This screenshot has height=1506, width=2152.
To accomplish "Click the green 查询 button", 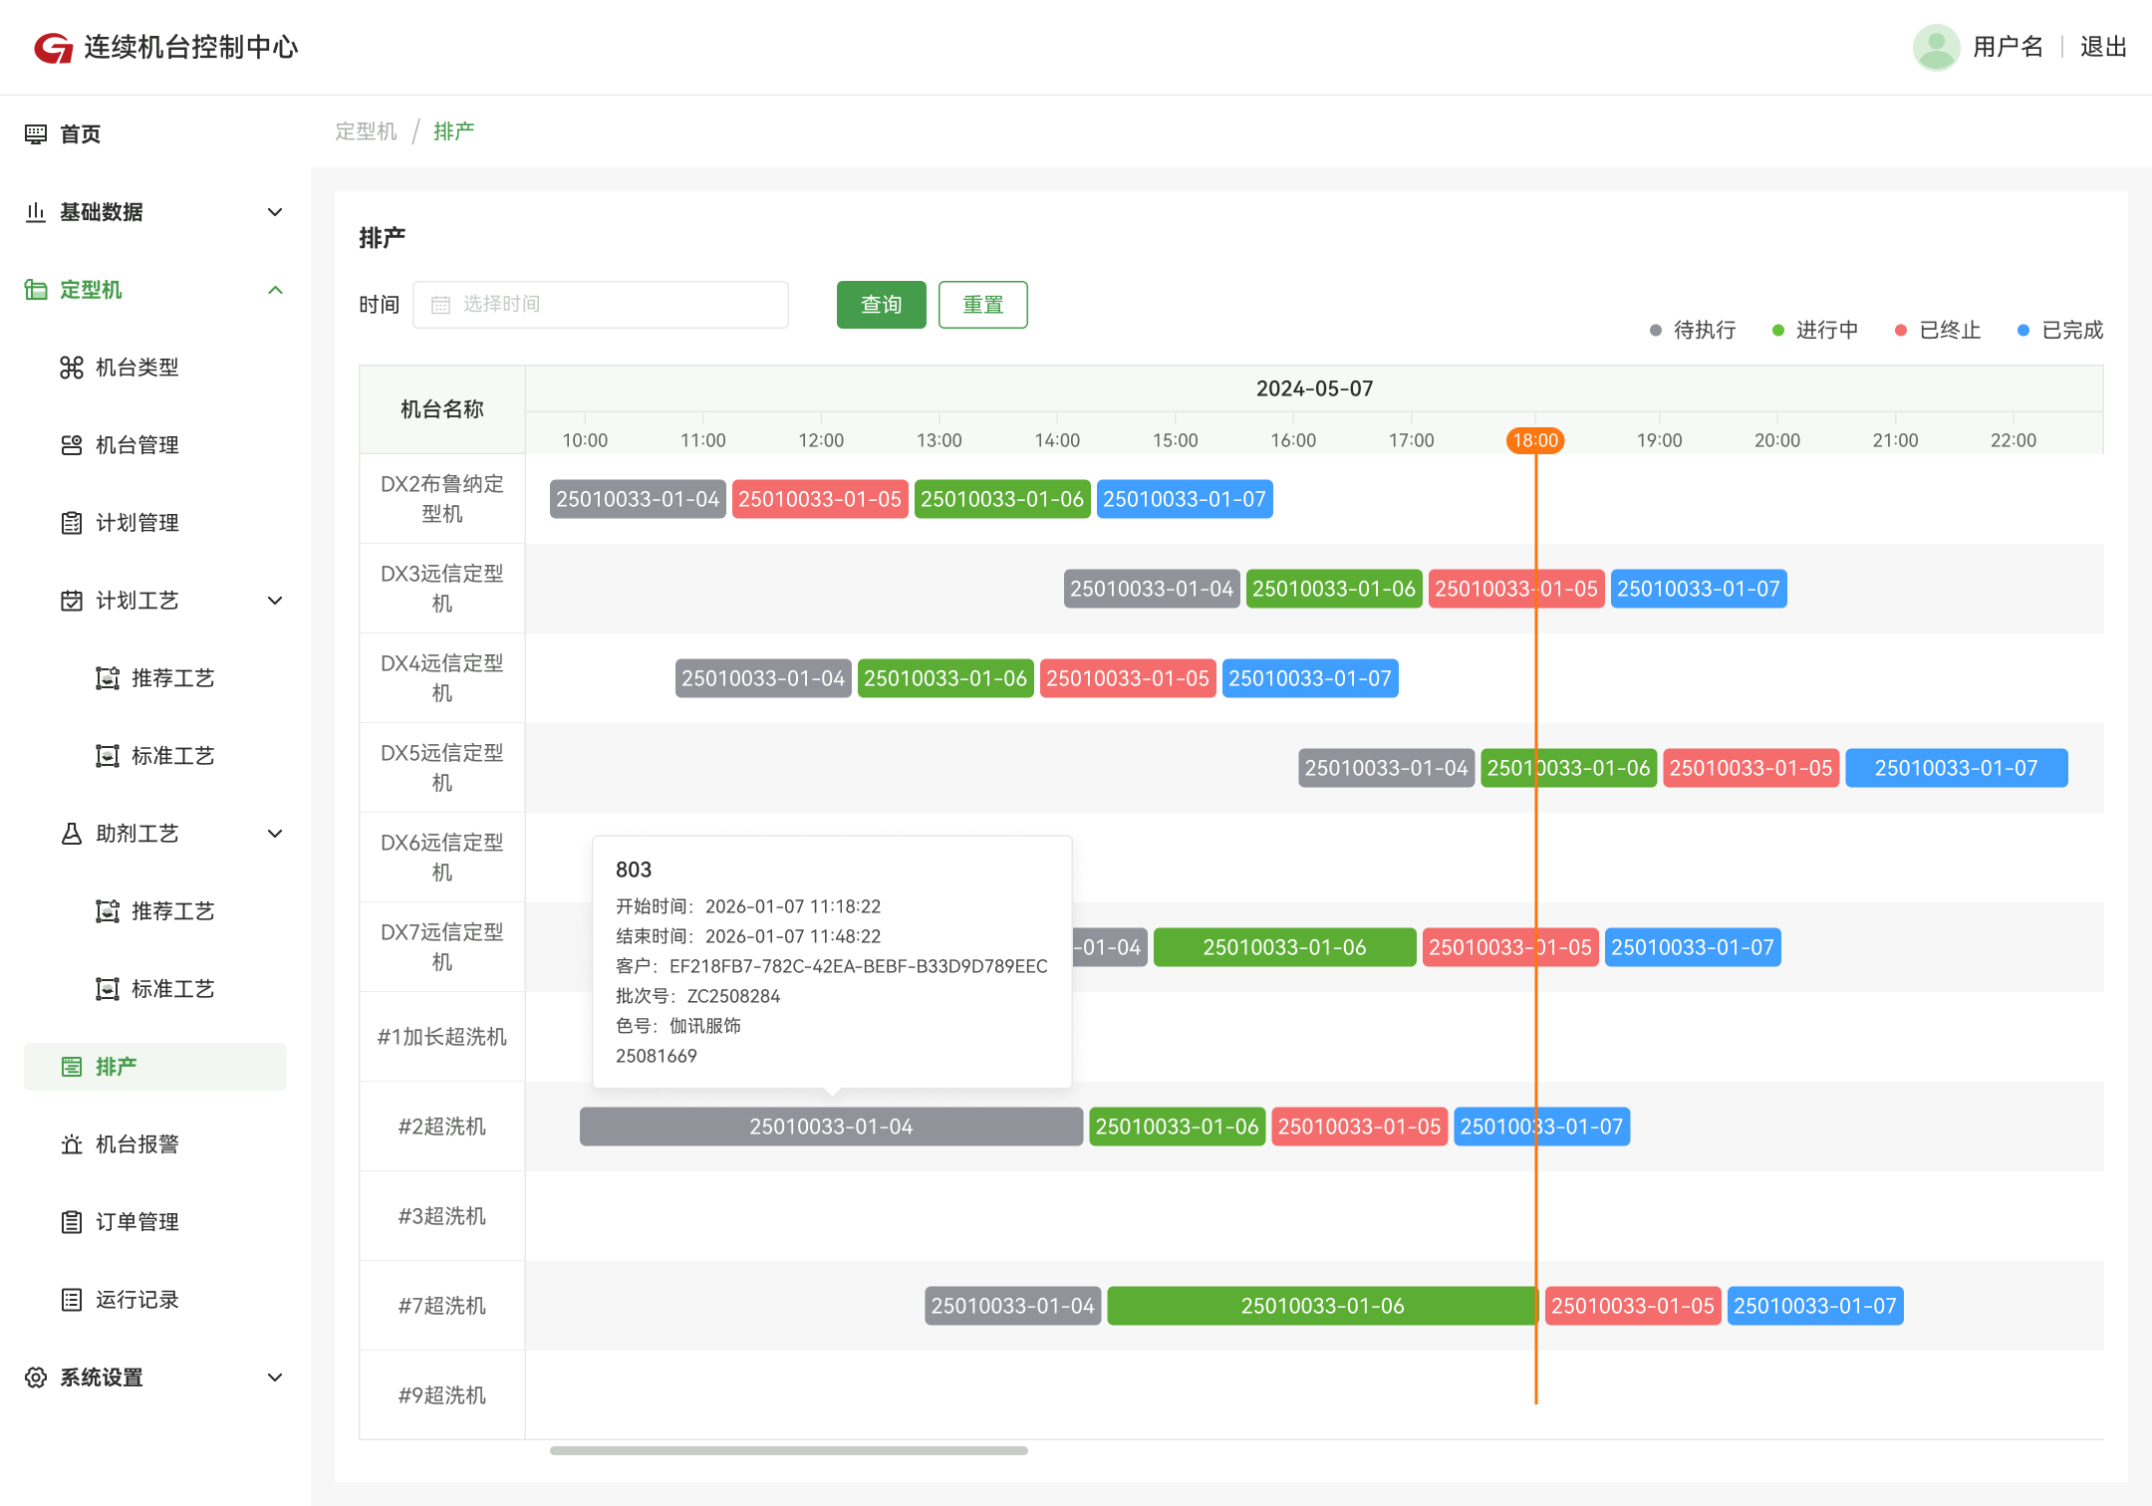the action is tap(881, 305).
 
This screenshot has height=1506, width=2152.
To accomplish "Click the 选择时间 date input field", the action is tap(601, 305).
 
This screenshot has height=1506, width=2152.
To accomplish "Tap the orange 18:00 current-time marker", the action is tap(1535, 440).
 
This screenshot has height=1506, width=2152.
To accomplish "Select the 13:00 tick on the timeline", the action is tap(939, 440).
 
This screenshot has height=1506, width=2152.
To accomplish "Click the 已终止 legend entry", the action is tap(1938, 330).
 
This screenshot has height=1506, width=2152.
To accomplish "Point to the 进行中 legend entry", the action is tap(1815, 330).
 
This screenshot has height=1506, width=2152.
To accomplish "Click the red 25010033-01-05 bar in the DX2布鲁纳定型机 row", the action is tap(820, 499).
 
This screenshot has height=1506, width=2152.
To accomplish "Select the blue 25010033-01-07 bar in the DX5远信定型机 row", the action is tap(1957, 768).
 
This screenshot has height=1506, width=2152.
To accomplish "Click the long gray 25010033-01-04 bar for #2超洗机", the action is tap(831, 1127).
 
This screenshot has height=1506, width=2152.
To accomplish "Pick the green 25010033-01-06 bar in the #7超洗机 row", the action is tap(1322, 1306).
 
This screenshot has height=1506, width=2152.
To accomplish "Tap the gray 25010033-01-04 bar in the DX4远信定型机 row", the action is tap(763, 678).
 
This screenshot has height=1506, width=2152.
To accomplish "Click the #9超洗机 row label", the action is tap(442, 1395).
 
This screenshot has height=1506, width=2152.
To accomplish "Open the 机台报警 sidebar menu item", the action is tap(137, 1144).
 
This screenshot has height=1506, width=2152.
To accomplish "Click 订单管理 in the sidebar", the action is tap(137, 1222).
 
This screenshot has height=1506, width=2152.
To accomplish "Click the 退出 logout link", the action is tap(2103, 47).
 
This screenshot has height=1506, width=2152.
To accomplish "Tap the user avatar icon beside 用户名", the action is tap(1937, 47).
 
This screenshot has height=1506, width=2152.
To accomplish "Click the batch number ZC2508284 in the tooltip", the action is tap(733, 996).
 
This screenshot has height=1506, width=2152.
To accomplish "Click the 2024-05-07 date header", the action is tap(1314, 388).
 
